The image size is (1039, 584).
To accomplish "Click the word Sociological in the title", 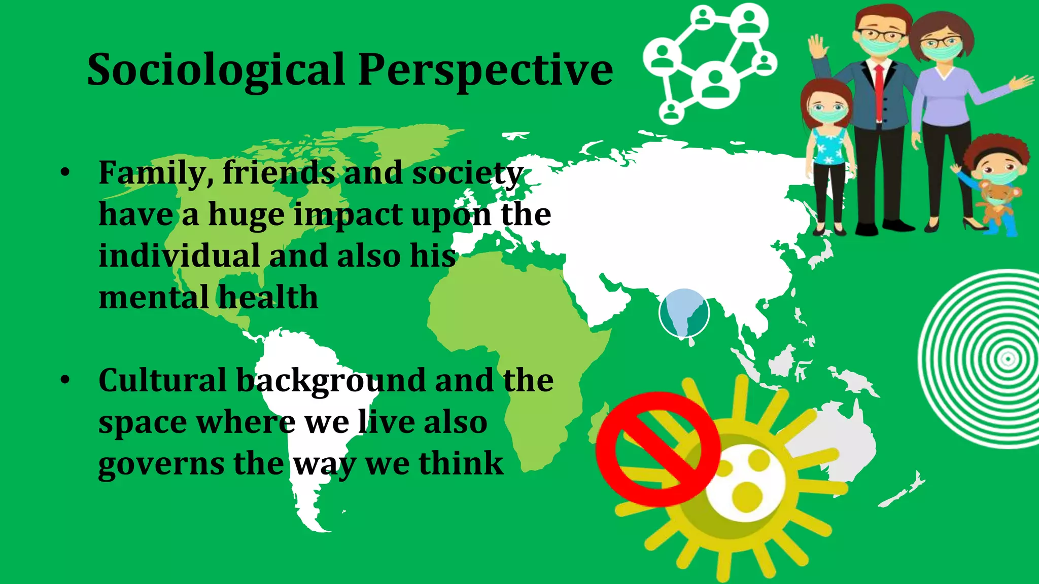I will pyautogui.click(x=216, y=70).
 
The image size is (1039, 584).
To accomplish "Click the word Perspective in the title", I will pyautogui.click(x=486, y=70).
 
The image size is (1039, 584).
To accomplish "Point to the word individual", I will pyautogui.click(x=179, y=256).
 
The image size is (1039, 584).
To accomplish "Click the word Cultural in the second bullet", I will pyautogui.click(x=162, y=380).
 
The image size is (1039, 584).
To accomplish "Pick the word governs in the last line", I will pyautogui.click(x=161, y=464).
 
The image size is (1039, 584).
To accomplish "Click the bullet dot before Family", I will pyautogui.click(x=64, y=173).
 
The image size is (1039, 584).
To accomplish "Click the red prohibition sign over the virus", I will pyautogui.click(x=658, y=449).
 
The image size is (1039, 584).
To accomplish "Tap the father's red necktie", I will pyautogui.click(x=878, y=91).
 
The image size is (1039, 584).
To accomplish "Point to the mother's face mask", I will pyautogui.click(x=942, y=51).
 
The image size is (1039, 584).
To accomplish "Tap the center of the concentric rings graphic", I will pyautogui.click(x=1008, y=359).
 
